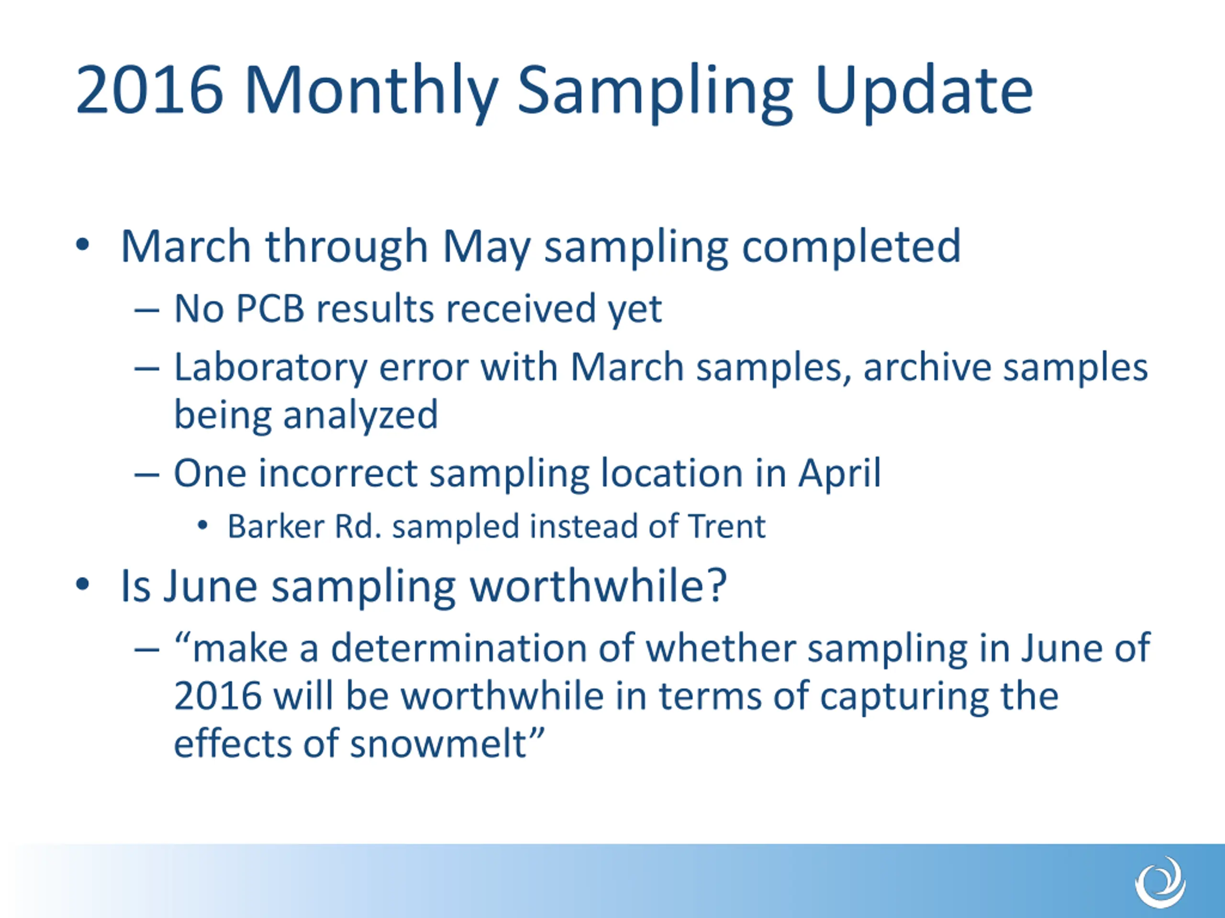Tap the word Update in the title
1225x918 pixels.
pyautogui.click(x=924, y=92)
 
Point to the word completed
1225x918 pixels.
pyautogui.click(x=851, y=247)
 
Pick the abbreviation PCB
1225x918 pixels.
pyautogui.click(x=270, y=308)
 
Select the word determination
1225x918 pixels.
pyautogui.click(x=458, y=648)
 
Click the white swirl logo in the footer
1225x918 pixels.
pyautogui.click(x=1160, y=882)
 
